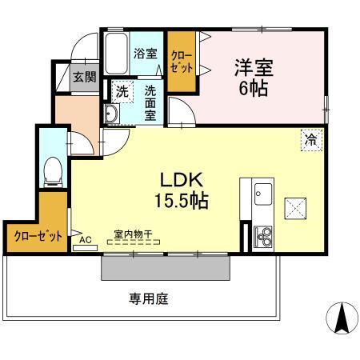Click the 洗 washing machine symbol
(122, 91)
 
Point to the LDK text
(186, 179)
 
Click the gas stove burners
(262, 235)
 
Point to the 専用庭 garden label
(149, 300)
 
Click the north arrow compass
(341, 320)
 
